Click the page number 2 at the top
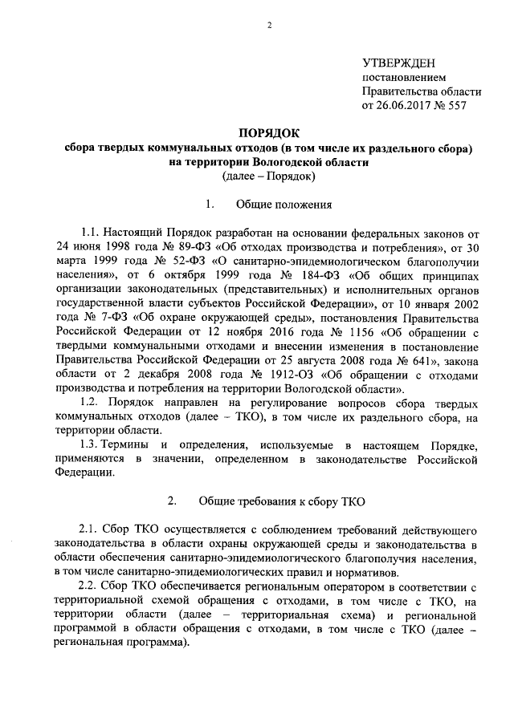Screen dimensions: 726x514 click(269, 26)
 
